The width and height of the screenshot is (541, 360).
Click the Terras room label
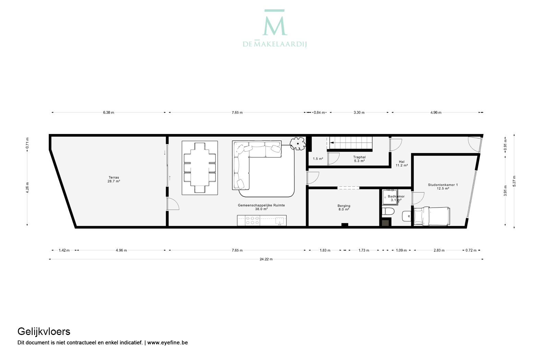pyautogui.click(x=114, y=179)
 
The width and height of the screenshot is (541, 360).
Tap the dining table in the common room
pyautogui.click(x=200, y=168)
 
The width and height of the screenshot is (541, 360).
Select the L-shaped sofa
pyautogui.click(x=256, y=165)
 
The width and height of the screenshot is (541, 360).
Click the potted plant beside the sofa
pyautogui.click(x=298, y=144)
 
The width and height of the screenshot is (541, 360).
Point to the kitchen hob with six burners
pyautogui.click(x=252, y=220)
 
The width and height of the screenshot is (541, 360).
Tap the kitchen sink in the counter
pyautogui.click(x=280, y=220)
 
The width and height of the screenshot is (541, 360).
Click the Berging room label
pyautogui.click(x=344, y=207)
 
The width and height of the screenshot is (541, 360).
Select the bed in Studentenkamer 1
pyautogui.click(x=432, y=216)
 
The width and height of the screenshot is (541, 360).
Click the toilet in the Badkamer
pyautogui.click(x=388, y=212)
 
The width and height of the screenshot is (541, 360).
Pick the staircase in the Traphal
pyautogui.click(x=350, y=143)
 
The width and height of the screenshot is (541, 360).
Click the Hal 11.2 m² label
pyautogui.click(x=402, y=164)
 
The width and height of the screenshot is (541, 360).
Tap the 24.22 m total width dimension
pyautogui.click(x=266, y=259)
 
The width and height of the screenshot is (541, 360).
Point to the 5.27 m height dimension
pyautogui.click(x=514, y=181)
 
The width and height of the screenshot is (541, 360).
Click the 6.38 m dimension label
pyautogui.click(x=108, y=112)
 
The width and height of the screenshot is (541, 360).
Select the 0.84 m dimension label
pyautogui.click(x=319, y=112)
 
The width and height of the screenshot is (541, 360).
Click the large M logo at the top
pyautogui.click(x=275, y=23)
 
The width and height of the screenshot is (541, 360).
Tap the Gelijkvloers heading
pyautogui.click(x=44, y=332)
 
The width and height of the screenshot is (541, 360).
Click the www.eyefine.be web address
pyautogui.click(x=167, y=343)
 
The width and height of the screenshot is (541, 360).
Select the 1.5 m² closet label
pyautogui.click(x=318, y=159)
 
